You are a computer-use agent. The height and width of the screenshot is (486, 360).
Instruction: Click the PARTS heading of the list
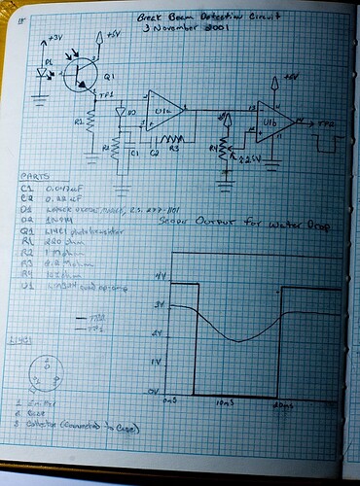pyautogui.click(x=32, y=177)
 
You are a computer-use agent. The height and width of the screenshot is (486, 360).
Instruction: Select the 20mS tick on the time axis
pyautogui.click(x=282, y=401)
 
